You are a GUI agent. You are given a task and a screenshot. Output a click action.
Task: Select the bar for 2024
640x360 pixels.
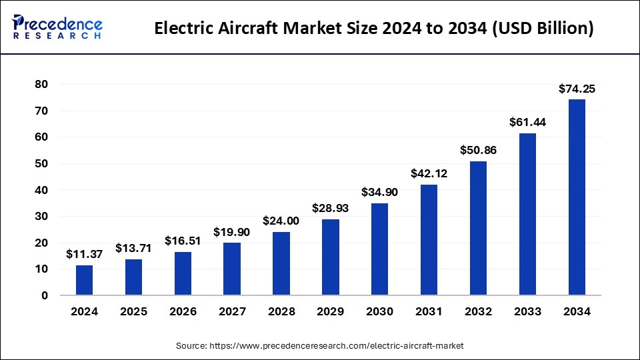click(85, 280)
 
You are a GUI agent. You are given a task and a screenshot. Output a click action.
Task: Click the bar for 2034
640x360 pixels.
click(577, 197)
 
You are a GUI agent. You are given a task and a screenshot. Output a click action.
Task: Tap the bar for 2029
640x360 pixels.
click(331, 257)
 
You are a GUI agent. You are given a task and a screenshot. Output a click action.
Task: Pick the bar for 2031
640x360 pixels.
click(429, 240)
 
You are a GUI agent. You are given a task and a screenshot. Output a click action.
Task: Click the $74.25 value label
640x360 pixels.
click(577, 89)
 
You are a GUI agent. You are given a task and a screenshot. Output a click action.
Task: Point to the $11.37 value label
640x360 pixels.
click(84, 254)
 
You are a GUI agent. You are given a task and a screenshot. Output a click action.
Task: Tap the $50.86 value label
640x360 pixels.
click(478, 150)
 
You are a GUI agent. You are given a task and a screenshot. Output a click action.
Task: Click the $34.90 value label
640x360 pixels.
click(380, 192)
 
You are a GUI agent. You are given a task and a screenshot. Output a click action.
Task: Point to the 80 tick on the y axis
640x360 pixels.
click(41, 84)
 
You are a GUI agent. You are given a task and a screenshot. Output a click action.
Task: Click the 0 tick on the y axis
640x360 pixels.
click(45, 295)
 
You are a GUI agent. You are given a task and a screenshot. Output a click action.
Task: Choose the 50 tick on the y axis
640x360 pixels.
click(41, 163)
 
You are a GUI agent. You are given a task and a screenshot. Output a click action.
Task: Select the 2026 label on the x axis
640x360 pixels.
click(183, 311)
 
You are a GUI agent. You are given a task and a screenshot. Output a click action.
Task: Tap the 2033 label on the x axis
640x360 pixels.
click(527, 311)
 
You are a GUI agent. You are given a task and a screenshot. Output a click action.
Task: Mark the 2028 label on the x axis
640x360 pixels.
click(281, 311)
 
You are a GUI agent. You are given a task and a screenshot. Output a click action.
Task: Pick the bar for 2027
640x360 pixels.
click(232, 269)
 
